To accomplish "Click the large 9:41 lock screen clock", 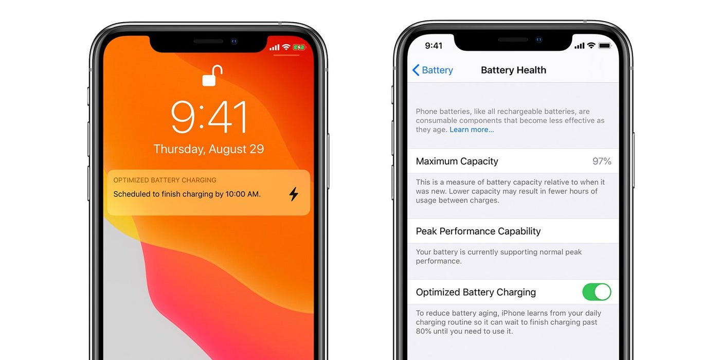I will coord(209,117).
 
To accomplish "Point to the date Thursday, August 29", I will coord(209,149).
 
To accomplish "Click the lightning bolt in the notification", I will coord(293,194).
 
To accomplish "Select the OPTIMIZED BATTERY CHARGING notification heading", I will coord(165,180).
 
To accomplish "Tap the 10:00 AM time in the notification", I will coord(242,194).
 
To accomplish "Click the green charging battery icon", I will coord(299,47).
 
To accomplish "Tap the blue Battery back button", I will coord(433,70).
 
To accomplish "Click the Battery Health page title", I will coord(513,70).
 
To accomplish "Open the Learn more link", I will coord(472,130).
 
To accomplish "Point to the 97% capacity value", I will coord(602,161).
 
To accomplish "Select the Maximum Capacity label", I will coord(457,161).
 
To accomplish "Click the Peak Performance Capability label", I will coord(478,231).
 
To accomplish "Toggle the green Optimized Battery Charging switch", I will coord(597,292).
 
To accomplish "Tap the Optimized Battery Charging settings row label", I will coord(476,292).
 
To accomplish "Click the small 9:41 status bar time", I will coord(434,46).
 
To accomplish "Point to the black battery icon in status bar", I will coord(604,46).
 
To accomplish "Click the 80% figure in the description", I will coord(424,331).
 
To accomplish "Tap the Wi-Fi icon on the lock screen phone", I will coord(286,47).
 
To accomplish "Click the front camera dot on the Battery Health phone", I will coord(539,40).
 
